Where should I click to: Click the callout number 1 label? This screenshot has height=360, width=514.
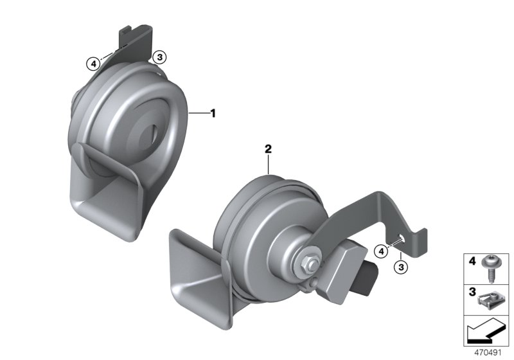click(x=213, y=113)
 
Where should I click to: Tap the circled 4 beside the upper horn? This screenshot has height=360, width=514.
click(x=94, y=63)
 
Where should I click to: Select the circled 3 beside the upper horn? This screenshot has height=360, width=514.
click(x=160, y=57)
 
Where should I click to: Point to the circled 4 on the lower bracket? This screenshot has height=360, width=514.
click(x=382, y=249)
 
